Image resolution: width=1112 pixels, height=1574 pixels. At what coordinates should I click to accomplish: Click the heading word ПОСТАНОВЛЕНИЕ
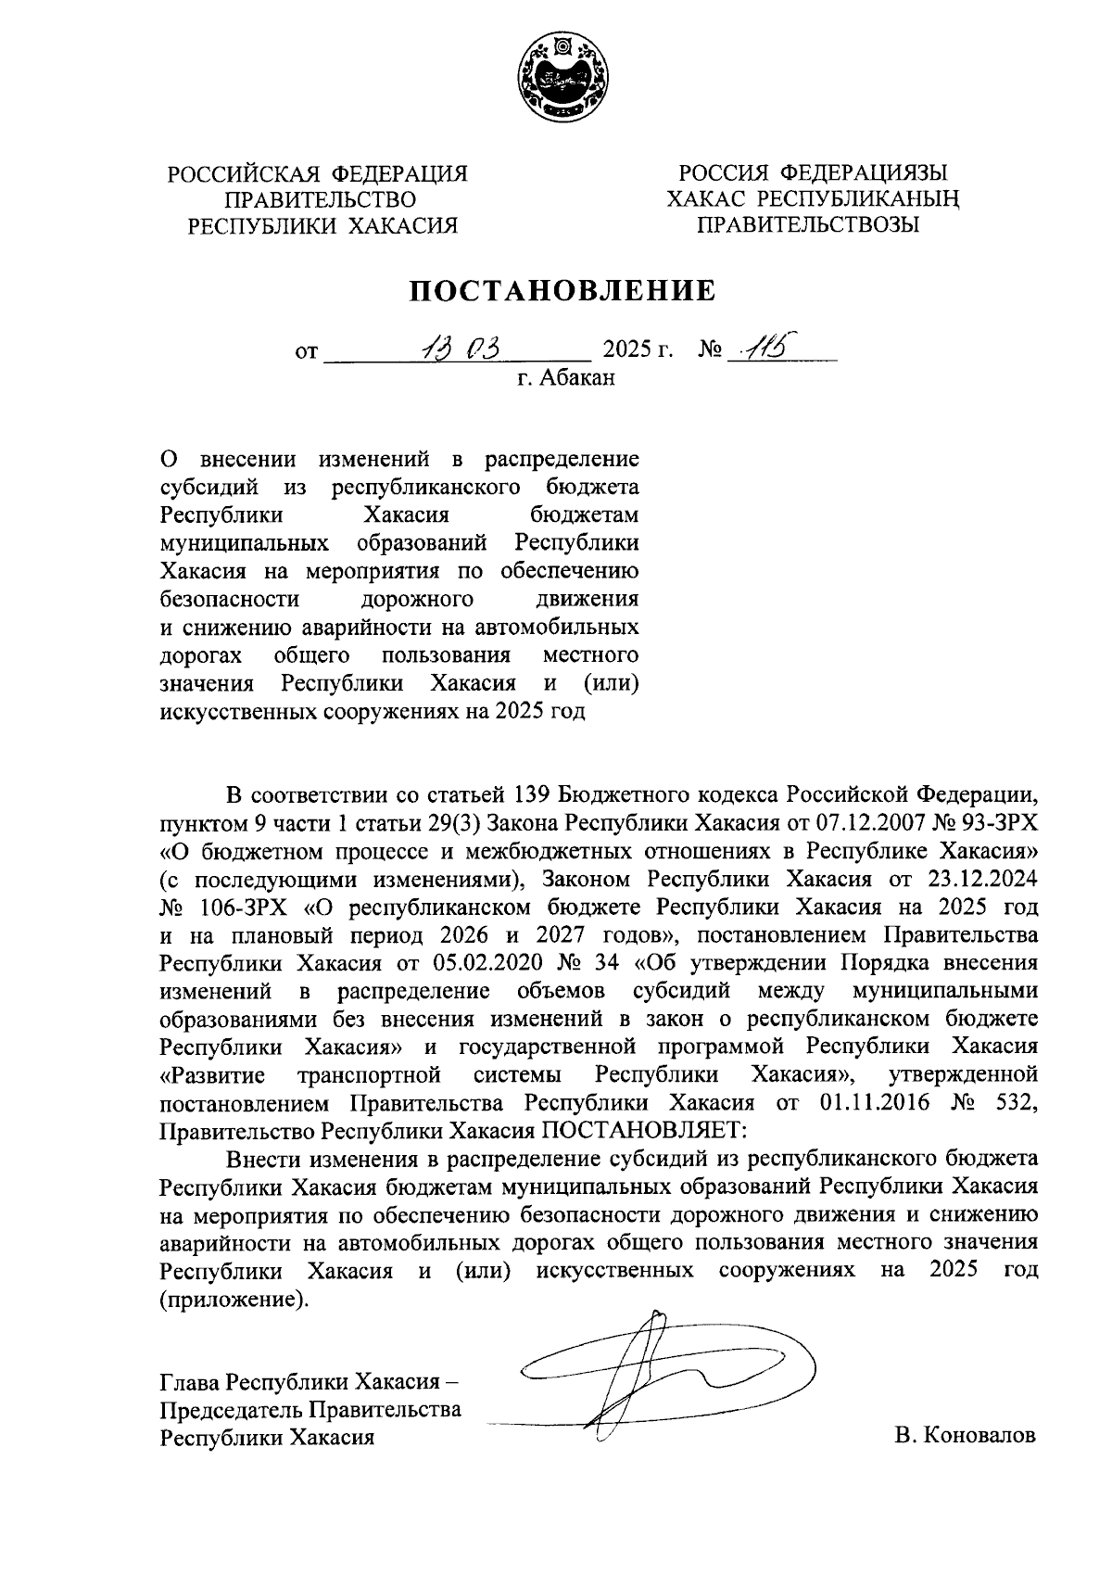pos(563,291)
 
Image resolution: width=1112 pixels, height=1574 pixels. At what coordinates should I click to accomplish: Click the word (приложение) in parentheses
pos(233,1300)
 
